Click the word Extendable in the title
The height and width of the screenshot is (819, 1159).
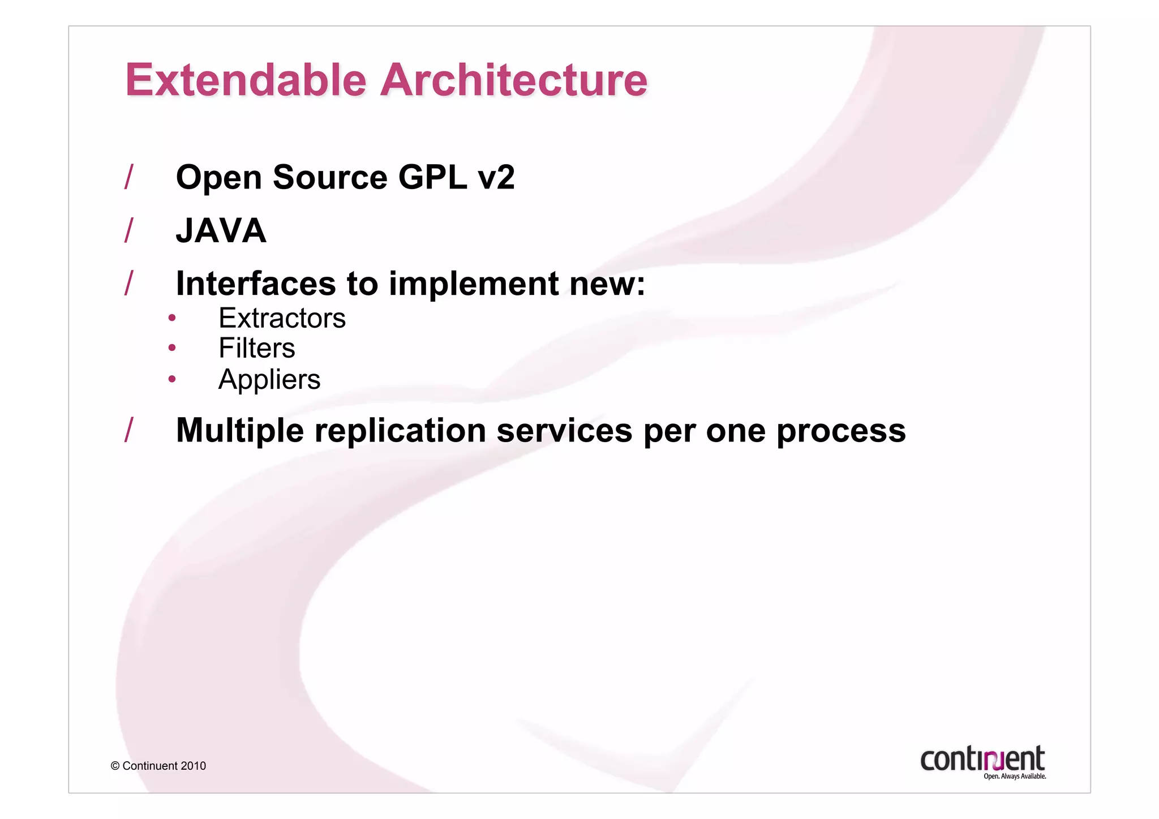[246, 80]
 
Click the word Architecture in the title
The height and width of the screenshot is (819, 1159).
[513, 80]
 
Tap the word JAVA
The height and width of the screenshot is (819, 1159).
[221, 231]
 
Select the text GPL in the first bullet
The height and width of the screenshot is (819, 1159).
[432, 178]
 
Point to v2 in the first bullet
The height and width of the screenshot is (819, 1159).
[496, 178]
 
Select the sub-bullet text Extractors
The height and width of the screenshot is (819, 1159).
[282, 318]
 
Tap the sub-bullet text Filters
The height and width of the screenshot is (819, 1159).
[256, 348]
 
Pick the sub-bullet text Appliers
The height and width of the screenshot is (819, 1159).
[269, 379]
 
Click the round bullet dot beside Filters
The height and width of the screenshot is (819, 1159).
[172, 348]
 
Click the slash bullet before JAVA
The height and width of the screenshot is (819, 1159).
[129, 230]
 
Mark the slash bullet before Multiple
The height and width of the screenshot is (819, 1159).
[129, 430]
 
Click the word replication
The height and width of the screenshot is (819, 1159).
[400, 431]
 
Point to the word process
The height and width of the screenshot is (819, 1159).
[841, 431]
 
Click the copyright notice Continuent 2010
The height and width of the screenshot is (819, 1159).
[158, 766]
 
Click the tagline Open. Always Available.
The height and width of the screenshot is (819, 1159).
[1015, 777]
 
